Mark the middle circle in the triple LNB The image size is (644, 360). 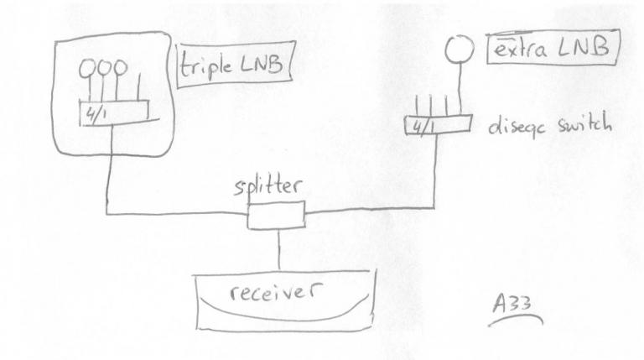tap(104, 67)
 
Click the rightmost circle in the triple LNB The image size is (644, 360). tap(122, 65)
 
